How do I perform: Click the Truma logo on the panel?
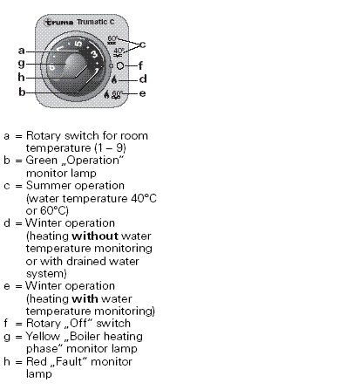(x=58, y=22)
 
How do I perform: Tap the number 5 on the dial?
(x=78, y=44)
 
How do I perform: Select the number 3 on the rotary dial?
(x=94, y=54)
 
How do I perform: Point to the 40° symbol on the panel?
(x=119, y=52)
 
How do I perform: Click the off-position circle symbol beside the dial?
(x=120, y=66)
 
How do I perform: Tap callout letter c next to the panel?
(x=142, y=44)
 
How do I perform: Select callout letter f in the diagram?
(x=140, y=65)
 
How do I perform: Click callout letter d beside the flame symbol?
(x=143, y=79)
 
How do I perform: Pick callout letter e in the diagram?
(x=142, y=93)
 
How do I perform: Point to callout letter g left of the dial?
(x=22, y=64)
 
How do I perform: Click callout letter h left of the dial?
(x=21, y=77)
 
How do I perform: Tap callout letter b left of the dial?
(x=22, y=92)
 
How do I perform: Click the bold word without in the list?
(x=95, y=236)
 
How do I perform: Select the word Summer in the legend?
(x=46, y=186)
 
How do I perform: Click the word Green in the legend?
(x=42, y=161)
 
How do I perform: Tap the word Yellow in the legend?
(x=43, y=337)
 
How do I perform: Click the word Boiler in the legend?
(x=85, y=336)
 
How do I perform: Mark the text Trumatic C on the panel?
(x=96, y=22)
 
